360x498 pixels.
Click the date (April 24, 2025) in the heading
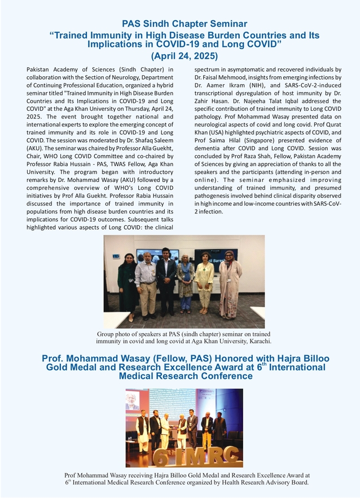[184, 56]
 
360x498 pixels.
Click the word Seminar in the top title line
[219, 24]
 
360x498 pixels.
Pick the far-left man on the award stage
[143, 430]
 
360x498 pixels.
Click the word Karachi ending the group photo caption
[258, 341]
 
